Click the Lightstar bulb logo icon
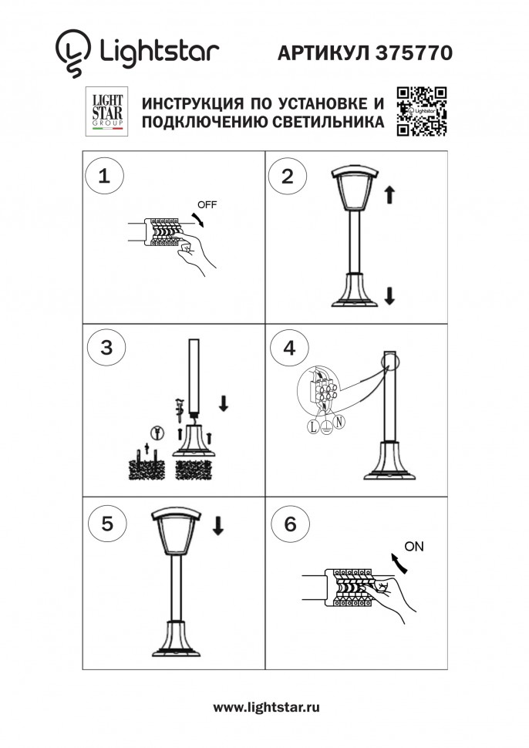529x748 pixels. (72, 52)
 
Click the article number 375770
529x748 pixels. (414, 52)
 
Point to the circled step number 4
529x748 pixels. (288, 347)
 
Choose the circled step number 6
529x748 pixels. (290, 524)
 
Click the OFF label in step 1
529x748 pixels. (207, 205)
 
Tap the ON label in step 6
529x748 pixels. (414, 547)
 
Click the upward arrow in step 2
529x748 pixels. (389, 196)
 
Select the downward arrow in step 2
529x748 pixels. (389, 295)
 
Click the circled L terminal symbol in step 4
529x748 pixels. (313, 425)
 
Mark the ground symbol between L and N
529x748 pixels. (325, 426)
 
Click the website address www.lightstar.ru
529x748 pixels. (266, 706)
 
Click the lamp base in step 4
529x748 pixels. (391, 467)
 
